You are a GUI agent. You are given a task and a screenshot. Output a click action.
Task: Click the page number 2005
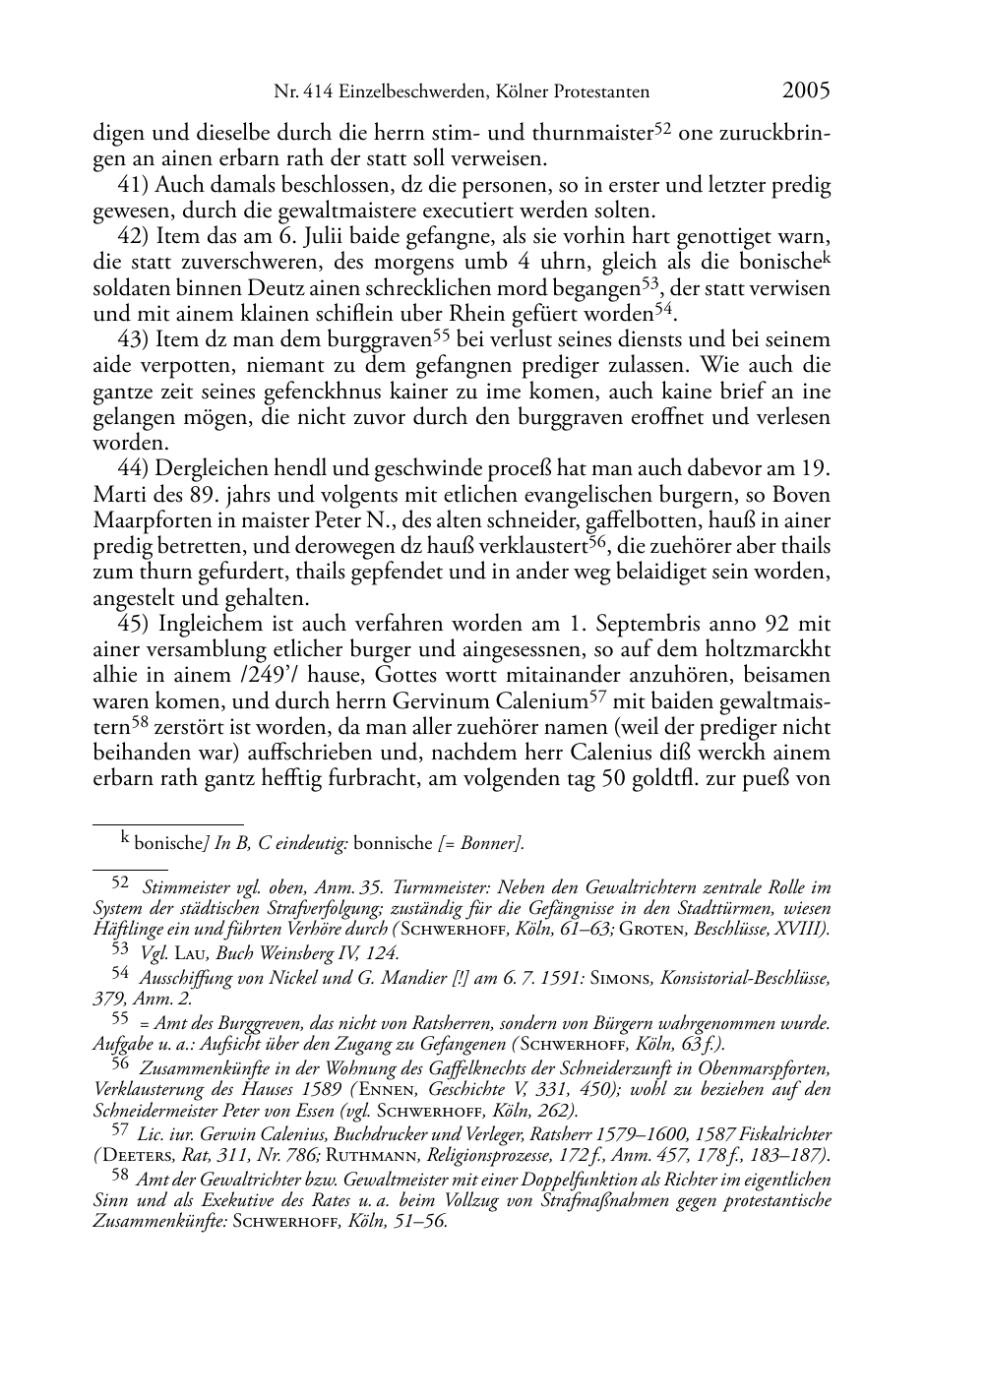click(x=806, y=91)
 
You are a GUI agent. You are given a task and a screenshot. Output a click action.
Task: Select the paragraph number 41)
click(x=134, y=185)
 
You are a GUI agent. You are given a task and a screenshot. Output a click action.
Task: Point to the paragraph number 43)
click(x=134, y=340)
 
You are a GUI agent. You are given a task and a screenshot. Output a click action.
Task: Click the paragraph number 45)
click(x=134, y=624)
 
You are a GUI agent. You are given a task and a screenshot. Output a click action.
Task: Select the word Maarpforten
click(x=144, y=520)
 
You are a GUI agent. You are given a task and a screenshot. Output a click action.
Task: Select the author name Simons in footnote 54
click(x=638, y=978)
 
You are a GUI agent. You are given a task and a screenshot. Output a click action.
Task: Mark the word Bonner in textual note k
click(x=492, y=843)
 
